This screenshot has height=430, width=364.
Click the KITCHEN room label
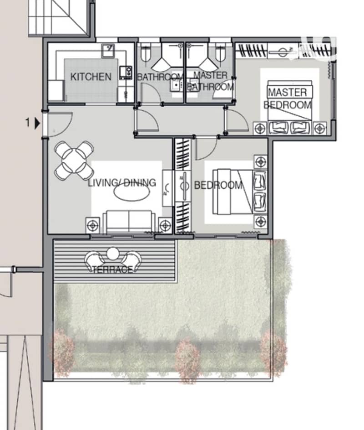[91, 77]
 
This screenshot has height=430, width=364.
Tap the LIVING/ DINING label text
[122, 183]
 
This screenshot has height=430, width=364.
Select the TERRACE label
[112, 270]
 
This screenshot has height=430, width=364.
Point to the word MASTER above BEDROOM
[288, 93]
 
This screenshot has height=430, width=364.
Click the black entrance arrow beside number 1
[37, 123]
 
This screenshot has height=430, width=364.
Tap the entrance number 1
[27, 122]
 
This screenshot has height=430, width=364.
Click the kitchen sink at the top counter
[108, 51]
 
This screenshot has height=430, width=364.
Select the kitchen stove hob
[126, 73]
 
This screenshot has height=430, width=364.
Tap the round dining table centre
[74, 161]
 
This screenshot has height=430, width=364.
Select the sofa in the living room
[129, 222]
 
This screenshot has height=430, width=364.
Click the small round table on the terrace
[113, 254]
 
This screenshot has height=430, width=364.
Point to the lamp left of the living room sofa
[93, 225]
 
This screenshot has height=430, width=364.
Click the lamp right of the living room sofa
[165, 225]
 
